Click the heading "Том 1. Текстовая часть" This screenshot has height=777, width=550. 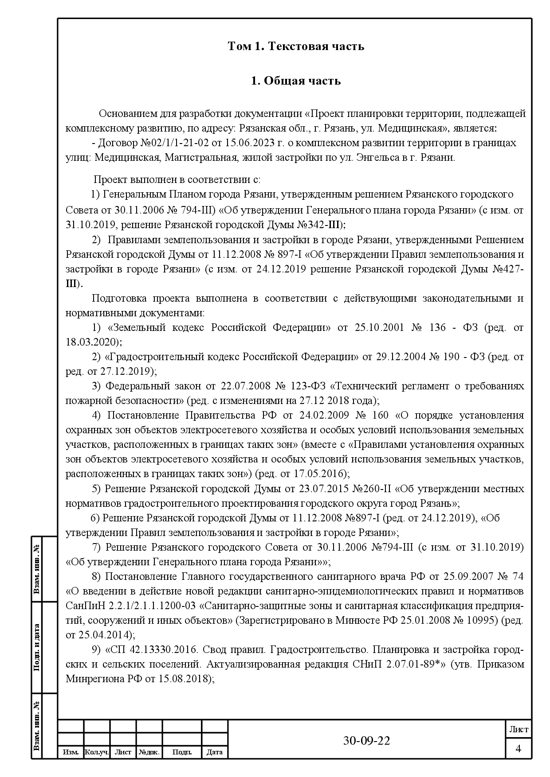295,46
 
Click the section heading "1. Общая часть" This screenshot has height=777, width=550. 295,81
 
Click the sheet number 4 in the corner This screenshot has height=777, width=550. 518,749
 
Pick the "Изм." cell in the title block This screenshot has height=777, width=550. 71,752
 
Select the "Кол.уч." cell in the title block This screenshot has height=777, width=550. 97,752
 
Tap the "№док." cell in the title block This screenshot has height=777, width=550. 149,752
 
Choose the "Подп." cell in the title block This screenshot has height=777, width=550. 182,752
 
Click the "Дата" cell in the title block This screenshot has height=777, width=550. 215,752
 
